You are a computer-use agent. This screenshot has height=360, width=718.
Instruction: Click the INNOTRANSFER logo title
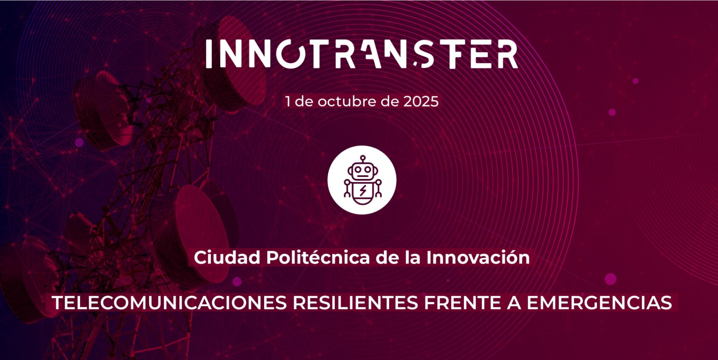(x=362, y=54)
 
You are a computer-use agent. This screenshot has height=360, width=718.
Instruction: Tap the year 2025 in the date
(x=421, y=101)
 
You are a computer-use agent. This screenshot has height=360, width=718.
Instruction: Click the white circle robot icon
(x=362, y=180)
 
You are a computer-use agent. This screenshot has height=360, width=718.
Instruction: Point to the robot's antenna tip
(x=363, y=157)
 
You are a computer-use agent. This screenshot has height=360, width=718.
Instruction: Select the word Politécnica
(x=318, y=257)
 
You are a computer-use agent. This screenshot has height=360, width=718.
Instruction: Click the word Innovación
(x=478, y=257)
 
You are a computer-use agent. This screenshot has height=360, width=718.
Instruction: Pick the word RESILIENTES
(x=355, y=303)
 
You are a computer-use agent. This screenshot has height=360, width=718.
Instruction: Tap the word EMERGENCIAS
(x=599, y=303)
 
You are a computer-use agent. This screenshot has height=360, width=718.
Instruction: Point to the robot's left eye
(x=357, y=170)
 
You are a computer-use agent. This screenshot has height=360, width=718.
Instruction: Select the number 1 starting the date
(x=288, y=101)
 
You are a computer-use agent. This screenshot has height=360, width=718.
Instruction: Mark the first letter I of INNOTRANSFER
(x=209, y=54)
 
